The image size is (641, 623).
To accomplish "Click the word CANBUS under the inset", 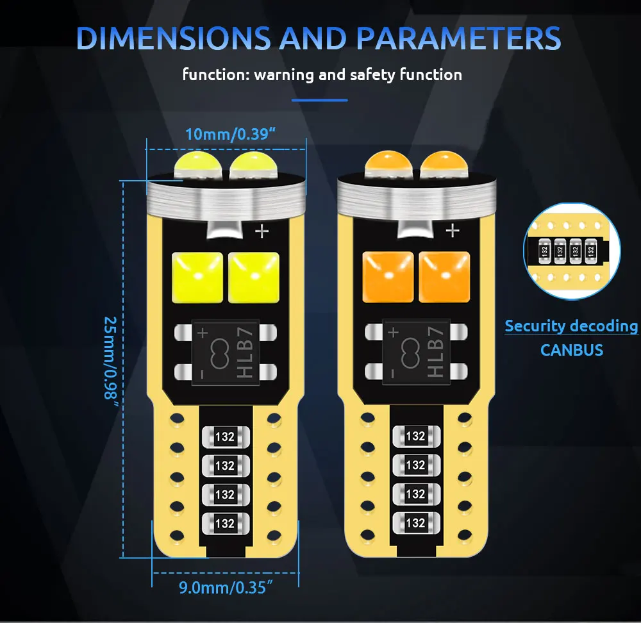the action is (x=572, y=350).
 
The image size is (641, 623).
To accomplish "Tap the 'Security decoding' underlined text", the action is (x=571, y=326).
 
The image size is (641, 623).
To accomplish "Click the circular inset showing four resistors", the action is (x=572, y=250).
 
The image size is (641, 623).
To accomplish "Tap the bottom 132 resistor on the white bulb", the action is (x=225, y=523).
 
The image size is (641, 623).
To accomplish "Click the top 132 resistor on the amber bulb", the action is (x=415, y=436).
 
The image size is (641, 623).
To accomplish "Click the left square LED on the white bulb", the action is (x=197, y=275).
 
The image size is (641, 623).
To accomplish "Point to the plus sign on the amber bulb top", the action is (x=453, y=230).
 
